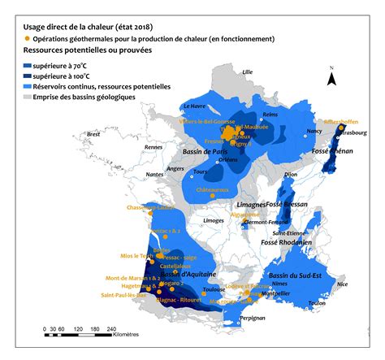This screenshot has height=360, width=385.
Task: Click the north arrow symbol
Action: pyautogui.click(x=331, y=78)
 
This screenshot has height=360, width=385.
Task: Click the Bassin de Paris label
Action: pyautogui.click(x=208, y=152)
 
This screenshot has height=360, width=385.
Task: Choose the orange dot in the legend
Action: pyautogui.click(x=17, y=38)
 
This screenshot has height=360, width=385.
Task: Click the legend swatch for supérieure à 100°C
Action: pyautogui.click(x=17, y=73)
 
